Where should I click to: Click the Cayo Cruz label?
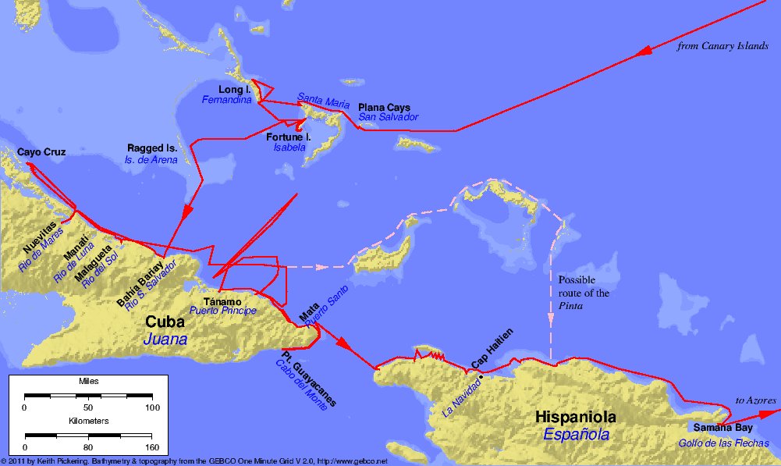[41, 151]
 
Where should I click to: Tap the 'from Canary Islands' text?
[723, 47]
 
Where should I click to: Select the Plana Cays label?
[384, 107]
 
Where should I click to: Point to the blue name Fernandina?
[228, 101]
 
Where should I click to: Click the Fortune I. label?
[289, 137]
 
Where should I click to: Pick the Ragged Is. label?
[152, 148]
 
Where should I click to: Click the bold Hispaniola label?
[577, 418]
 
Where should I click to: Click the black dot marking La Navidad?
[481, 377]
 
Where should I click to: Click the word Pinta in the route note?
[572, 307]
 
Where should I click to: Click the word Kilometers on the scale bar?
[88, 421]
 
